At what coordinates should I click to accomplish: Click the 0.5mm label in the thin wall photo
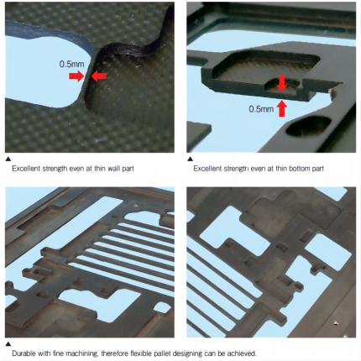pyautogui.click(x=71, y=64)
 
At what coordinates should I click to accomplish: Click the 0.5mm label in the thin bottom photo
pyautogui.click(x=261, y=108)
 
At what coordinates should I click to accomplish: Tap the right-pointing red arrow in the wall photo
pyautogui.click(x=76, y=76)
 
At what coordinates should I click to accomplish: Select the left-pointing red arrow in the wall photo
pyautogui.click(x=99, y=76)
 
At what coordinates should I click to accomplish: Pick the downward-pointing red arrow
pyautogui.click(x=282, y=83)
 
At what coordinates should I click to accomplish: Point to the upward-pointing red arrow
pyautogui.click(x=282, y=108)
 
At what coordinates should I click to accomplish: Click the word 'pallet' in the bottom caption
pyautogui.click(x=162, y=353)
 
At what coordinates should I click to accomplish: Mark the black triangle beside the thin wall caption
pyautogui.click(x=8, y=159)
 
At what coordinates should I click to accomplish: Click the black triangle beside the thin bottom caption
pyautogui.click(x=191, y=159)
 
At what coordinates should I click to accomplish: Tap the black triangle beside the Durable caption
pyautogui.click(x=8, y=344)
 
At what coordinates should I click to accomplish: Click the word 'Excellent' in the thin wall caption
pyautogui.click(x=26, y=169)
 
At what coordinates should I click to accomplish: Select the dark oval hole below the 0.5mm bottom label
pyautogui.click(x=308, y=126)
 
